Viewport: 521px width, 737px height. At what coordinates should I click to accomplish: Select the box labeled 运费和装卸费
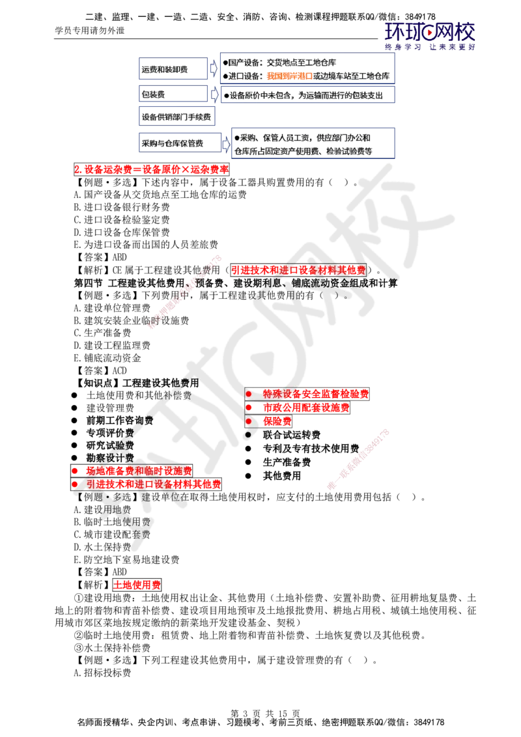pyautogui.click(x=173, y=68)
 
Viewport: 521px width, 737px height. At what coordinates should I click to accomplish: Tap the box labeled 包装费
pyautogui.click(x=173, y=94)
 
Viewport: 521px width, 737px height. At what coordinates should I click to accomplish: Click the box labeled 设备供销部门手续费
pyautogui.click(x=176, y=117)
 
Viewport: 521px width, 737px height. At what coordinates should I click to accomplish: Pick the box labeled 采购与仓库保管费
pyautogui.click(x=180, y=143)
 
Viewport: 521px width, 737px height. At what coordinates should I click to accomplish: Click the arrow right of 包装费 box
pyautogui.click(x=214, y=94)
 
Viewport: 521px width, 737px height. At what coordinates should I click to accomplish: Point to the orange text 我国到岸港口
pyautogui.click(x=290, y=76)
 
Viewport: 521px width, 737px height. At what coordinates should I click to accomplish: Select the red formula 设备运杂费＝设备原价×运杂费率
pyautogui.click(x=151, y=169)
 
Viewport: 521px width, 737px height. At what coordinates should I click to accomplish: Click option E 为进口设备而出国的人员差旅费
pyautogui.click(x=146, y=244)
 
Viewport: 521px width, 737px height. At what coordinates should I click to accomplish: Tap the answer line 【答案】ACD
pyautogui.click(x=100, y=370)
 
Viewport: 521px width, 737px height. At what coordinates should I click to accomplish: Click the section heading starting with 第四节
pyautogui.click(x=236, y=283)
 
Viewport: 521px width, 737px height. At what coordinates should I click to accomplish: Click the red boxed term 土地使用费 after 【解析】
pyautogui.click(x=137, y=585)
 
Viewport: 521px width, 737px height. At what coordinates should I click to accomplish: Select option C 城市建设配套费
pyautogui.click(x=112, y=535)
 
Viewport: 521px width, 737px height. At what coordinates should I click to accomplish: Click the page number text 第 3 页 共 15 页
pyautogui.click(x=265, y=714)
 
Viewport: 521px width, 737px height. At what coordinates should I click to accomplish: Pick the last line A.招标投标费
pyautogui.click(x=102, y=673)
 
